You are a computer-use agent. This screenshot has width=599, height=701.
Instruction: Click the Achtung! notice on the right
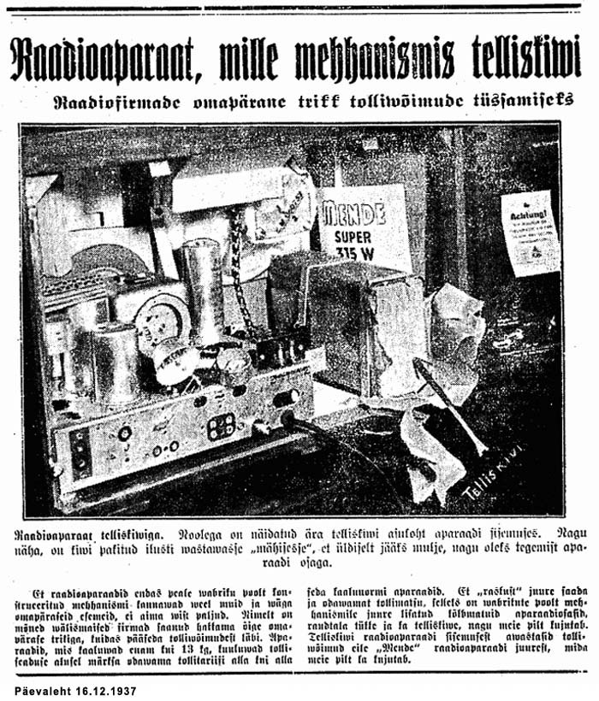coord(530,232)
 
